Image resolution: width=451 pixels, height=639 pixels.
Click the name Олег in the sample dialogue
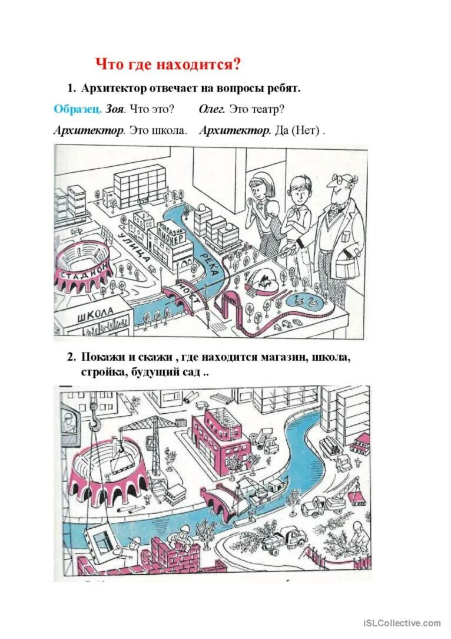pyautogui.click(x=211, y=110)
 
